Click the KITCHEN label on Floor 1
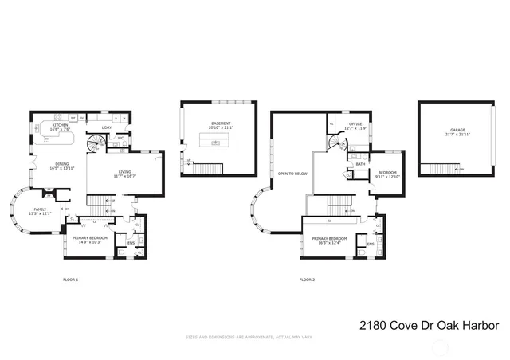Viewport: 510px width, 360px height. (61, 124)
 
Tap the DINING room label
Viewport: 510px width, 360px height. (61, 166)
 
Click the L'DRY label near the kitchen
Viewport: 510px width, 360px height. (106, 127)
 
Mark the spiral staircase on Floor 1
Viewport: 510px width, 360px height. (96, 143)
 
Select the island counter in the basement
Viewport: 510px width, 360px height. (213, 142)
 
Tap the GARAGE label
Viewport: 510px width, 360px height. (457, 129)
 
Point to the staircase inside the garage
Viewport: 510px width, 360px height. (441, 169)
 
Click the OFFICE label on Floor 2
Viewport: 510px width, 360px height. (354, 123)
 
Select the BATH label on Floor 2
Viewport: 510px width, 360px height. (360, 164)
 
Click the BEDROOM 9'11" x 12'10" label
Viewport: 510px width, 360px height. (386, 174)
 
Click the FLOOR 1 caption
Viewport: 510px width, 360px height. (72, 280)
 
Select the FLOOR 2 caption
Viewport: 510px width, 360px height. (307, 280)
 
